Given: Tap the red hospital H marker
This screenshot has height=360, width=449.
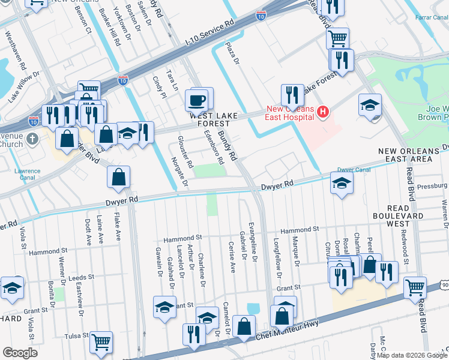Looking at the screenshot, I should point(323,112).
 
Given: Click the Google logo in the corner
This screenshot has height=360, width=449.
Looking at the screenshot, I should point(20,353).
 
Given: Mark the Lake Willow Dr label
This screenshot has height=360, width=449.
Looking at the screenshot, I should point(23,88).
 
